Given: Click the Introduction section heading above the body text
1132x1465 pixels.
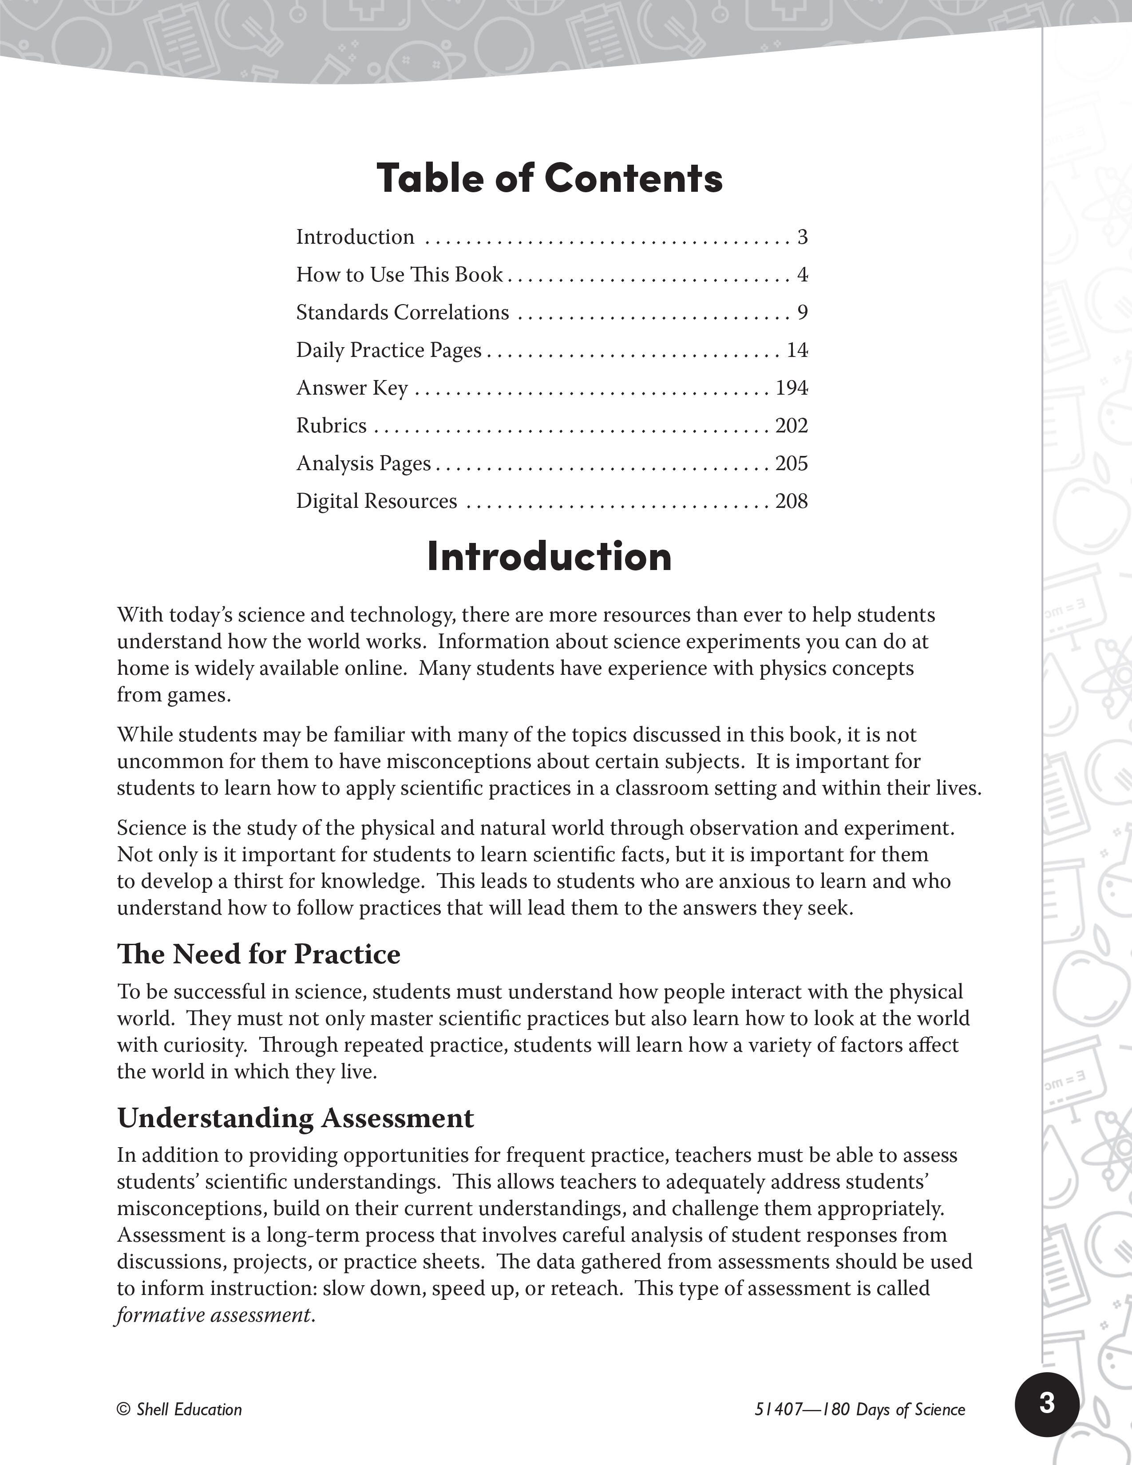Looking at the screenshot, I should click(x=549, y=556).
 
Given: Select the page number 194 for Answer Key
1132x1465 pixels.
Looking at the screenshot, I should click(x=792, y=388).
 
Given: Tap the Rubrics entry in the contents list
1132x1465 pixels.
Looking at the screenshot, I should click(x=331, y=425).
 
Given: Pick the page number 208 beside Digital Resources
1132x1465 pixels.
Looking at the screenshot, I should click(x=792, y=501).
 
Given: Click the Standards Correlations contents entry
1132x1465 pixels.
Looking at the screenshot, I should click(x=402, y=312).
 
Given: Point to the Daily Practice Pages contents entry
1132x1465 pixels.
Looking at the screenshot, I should click(x=389, y=350).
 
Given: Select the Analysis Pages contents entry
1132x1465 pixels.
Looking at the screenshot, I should click(x=364, y=463).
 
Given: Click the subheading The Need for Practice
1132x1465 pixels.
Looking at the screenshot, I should click(x=259, y=954).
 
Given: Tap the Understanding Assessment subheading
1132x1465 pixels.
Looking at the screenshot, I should click(x=296, y=1117).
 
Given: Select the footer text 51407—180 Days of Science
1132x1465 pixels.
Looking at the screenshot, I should click(x=860, y=1410).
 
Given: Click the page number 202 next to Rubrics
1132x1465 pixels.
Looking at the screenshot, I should click(x=792, y=425).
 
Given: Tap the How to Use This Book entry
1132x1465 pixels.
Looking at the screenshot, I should click(x=400, y=274).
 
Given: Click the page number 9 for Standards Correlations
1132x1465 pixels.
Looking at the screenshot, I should click(x=802, y=312).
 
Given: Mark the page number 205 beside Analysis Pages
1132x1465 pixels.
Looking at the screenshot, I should click(x=792, y=463).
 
